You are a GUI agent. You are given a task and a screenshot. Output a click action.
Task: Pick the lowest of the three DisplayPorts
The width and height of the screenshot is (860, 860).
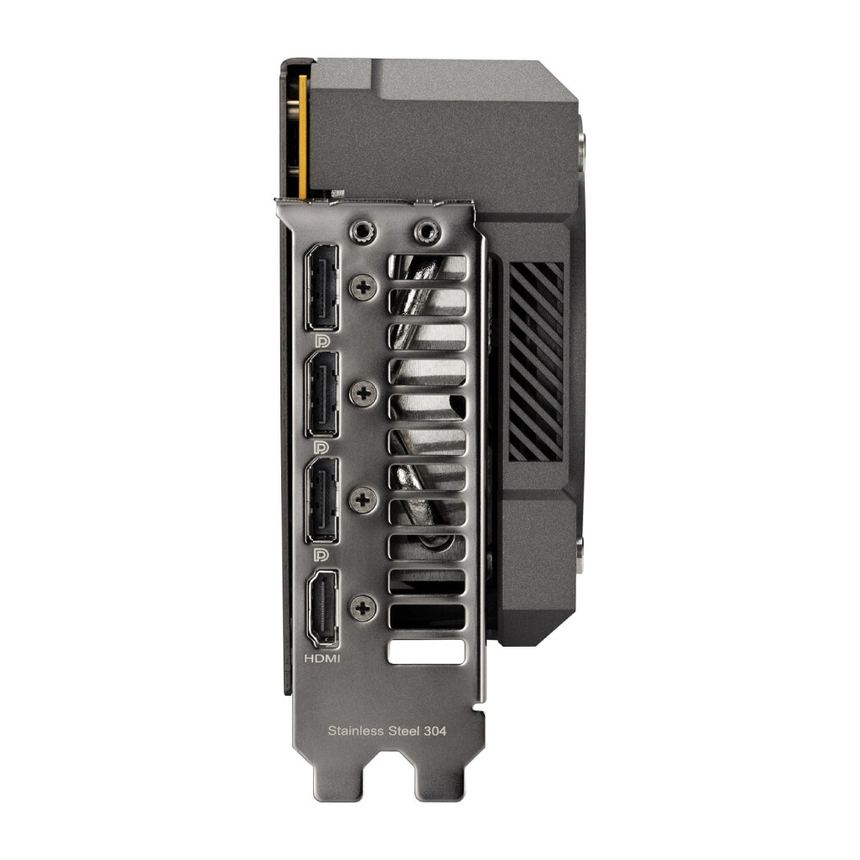click(323, 501)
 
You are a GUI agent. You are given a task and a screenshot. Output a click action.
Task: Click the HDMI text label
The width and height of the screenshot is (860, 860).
click(323, 659)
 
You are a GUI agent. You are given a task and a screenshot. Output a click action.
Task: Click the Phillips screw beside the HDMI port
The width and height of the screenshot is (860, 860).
click(363, 608)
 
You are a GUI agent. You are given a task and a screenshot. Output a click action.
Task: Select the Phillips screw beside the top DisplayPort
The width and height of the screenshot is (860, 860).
click(363, 286)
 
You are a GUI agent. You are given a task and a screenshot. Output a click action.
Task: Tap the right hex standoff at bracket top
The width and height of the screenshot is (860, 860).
click(425, 231)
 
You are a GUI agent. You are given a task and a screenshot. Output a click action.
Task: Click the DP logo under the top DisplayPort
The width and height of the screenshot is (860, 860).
click(323, 341)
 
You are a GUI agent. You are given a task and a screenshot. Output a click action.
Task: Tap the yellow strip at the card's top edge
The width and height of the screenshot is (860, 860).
click(302, 129)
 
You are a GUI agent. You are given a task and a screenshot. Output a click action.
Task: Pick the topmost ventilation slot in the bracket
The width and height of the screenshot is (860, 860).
click(427, 267)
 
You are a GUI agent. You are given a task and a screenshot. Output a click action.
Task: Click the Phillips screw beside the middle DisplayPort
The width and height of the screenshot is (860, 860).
click(363, 394)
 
